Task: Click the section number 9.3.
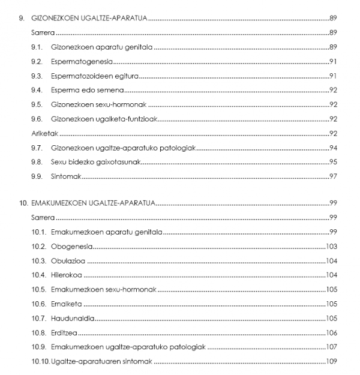pos(37,76)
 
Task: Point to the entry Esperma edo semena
pos(88,91)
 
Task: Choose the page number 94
pos(334,148)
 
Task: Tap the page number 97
pos(334,177)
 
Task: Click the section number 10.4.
pos(39,275)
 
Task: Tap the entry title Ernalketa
pos(67,304)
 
